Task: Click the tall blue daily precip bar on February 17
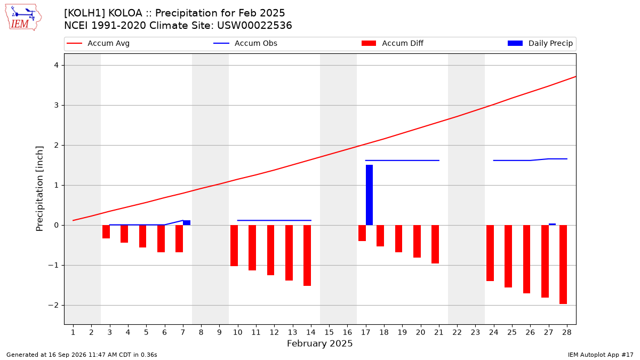coord(369,195)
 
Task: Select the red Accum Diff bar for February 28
coord(563,265)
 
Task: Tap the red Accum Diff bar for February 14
coord(307,255)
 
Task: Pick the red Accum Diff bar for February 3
coord(106,231)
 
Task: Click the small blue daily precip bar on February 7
coord(187,222)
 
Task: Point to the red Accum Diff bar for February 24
coord(490,253)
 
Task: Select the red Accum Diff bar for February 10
coord(234,246)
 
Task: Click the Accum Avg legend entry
coord(98,43)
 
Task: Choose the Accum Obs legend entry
coord(245,43)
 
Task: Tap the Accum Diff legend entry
coord(393,43)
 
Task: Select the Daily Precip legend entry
coord(540,43)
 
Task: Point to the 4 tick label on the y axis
coord(56,66)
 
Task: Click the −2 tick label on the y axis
coord(53,306)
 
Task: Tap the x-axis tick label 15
coord(329,332)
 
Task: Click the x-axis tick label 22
coord(457,332)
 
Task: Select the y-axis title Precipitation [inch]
coord(39,189)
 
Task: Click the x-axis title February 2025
coord(319,343)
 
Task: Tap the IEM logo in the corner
coord(23,18)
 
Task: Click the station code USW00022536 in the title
coord(254,26)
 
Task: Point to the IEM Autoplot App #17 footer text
coord(601,355)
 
